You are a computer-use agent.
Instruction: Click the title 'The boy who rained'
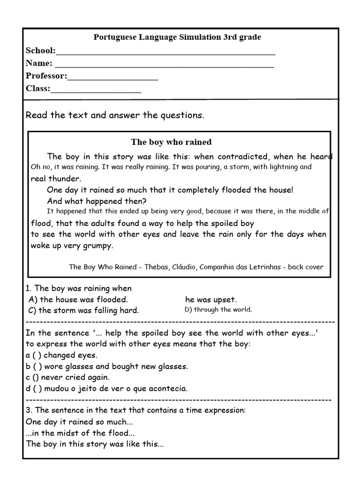[x=171, y=142]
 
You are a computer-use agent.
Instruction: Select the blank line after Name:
[x=164, y=65]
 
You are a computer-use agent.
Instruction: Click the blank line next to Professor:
[x=113, y=78]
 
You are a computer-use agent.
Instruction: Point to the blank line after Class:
[x=96, y=90]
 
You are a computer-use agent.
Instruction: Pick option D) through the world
[x=218, y=309]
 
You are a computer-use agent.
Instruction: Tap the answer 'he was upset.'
[x=211, y=300]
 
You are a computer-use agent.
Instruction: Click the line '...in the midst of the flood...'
[x=81, y=433]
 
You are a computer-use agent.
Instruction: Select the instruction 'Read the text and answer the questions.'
[x=115, y=115]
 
